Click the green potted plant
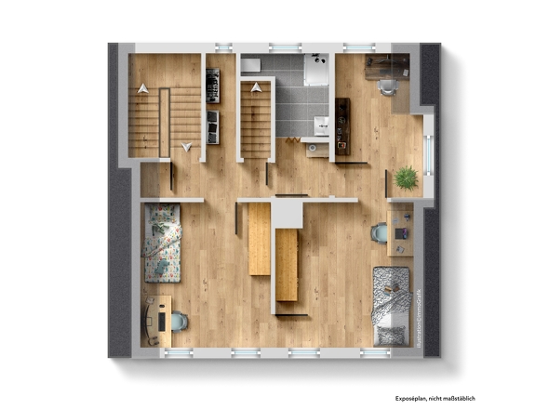(x=406, y=177)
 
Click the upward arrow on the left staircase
(x=143, y=88)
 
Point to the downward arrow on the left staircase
(x=187, y=146)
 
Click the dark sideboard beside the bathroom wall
(x=341, y=126)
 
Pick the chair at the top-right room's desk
(x=388, y=86)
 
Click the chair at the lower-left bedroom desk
(x=178, y=322)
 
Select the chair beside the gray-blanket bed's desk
(x=380, y=233)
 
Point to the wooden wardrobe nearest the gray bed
(x=287, y=266)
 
